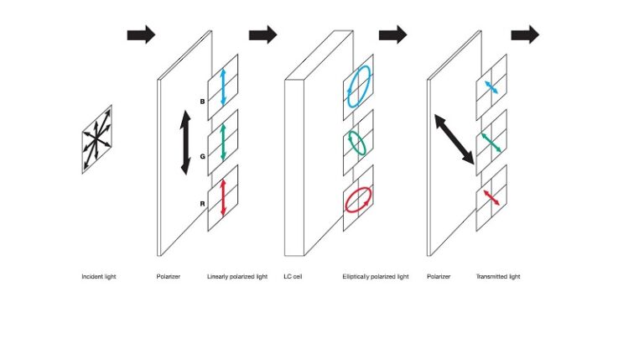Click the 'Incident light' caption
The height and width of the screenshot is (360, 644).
99,276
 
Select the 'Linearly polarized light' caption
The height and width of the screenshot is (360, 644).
237,276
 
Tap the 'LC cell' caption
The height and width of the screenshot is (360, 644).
293,276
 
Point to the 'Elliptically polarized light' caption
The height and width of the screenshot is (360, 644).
376,276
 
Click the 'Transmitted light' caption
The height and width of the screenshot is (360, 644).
498,276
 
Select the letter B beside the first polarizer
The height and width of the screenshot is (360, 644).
202,101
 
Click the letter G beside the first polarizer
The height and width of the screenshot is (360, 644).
202,155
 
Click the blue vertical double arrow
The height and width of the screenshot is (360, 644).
223,86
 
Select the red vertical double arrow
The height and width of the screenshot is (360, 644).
223,197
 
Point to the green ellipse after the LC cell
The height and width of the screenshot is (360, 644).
358,143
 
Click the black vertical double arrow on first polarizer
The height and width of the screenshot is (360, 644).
185,143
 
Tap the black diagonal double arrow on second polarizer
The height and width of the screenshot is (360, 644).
454,139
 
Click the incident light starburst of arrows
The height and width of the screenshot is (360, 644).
96,139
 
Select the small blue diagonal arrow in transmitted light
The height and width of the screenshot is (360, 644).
491,87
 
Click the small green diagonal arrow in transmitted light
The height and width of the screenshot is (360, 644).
491,143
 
